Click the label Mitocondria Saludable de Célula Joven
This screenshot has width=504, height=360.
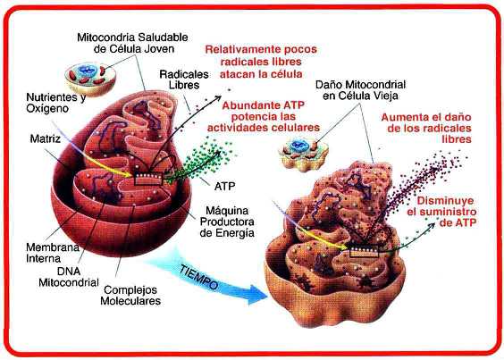[132, 43]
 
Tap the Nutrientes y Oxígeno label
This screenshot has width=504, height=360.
[55, 103]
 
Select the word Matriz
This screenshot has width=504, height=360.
[46, 138]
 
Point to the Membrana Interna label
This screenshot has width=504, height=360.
[53, 253]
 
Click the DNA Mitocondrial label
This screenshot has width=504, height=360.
[69, 277]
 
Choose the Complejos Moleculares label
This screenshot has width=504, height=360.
[130, 295]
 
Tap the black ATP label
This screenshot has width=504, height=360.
[224, 186]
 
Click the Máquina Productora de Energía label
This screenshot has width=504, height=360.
[227, 222]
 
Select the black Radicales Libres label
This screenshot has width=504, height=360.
[184, 80]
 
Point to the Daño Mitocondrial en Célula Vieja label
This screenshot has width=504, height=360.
[360, 90]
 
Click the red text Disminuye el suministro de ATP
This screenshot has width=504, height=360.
[442, 212]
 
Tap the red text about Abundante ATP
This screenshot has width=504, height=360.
[264, 116]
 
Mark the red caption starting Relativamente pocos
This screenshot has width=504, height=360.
[261, 62]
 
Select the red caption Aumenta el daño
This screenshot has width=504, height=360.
[426, 128]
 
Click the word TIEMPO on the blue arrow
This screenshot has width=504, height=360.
[198, 277]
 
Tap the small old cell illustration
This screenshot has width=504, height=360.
[303, 154]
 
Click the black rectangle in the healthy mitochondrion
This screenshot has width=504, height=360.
[148, 179]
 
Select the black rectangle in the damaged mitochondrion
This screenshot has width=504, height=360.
[365, 251]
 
